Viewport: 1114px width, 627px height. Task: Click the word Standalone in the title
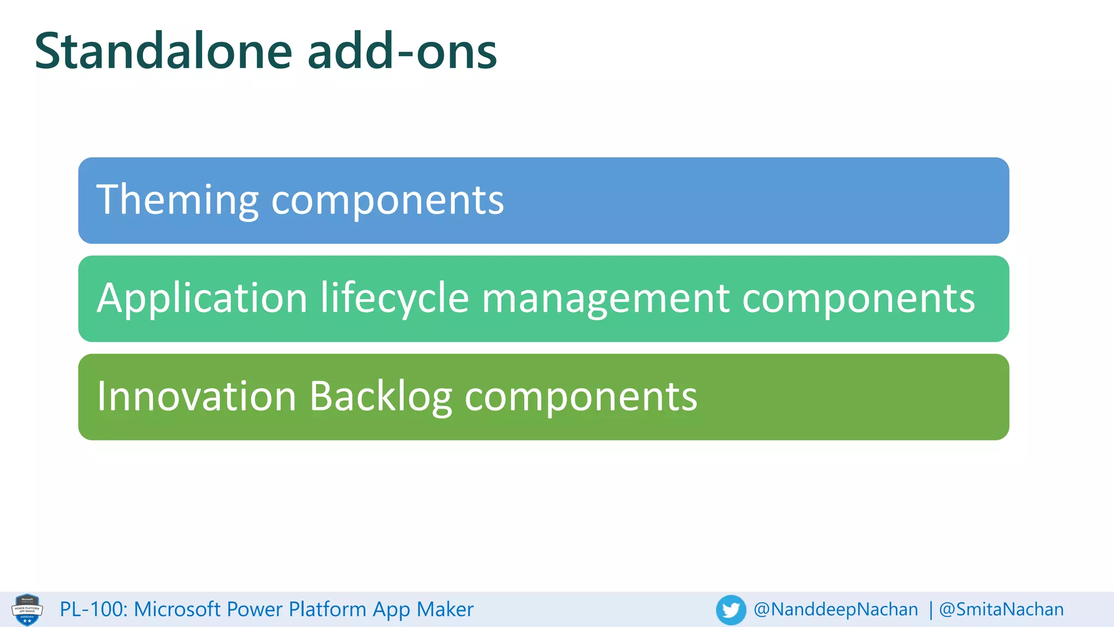click(x=163, y=52)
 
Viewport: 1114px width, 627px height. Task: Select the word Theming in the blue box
click(x=177, y=200)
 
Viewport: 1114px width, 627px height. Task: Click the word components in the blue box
click(x=387, y=200)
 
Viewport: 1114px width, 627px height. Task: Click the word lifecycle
click(x=394, y=299)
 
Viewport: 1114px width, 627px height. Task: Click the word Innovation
click(x=196, y=397)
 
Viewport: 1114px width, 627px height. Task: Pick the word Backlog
click(x=381, y=397)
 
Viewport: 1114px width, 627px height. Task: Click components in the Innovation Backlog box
click(x=580, y=397)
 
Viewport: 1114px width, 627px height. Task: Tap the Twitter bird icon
click(x=731, y=610)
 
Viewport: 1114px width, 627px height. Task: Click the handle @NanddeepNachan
click(x=835, y=610)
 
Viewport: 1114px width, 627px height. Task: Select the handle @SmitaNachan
click(x=1001, y=610)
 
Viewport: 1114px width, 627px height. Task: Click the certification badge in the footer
click(x=27, y=610)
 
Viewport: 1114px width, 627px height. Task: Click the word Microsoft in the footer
click(x=177, y=610)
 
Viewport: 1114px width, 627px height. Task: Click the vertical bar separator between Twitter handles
click(x=931, y=610)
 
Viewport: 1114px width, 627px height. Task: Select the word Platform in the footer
click(x=328, y=610)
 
